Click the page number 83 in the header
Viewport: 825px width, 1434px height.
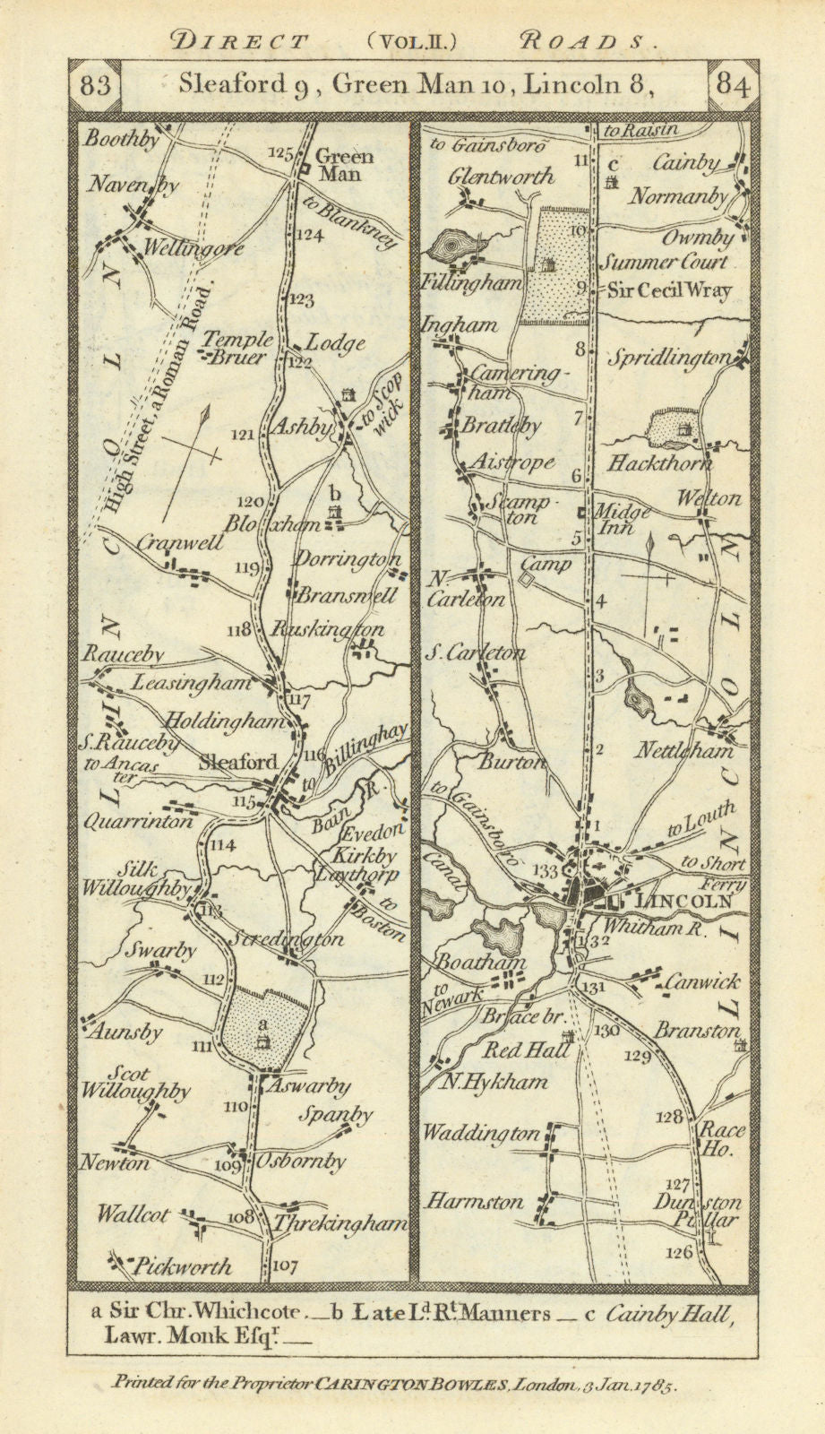point(94,86)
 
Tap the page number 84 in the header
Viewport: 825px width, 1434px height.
point(733,86)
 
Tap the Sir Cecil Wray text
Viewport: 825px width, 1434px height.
point(670,289)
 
